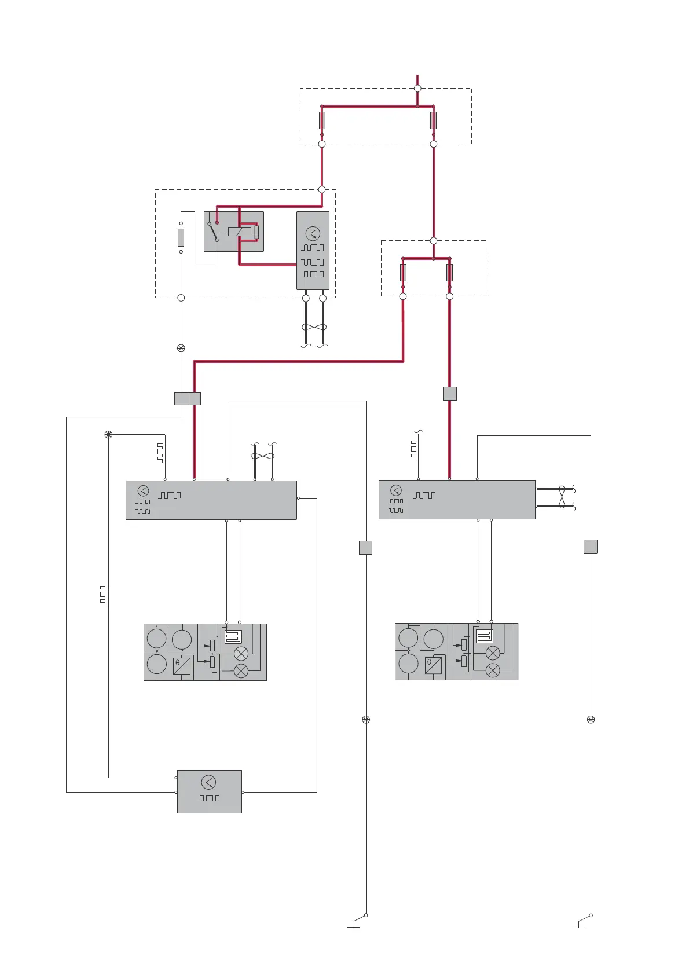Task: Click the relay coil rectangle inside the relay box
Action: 239,232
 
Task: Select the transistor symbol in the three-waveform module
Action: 313,234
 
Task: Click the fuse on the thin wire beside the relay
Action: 181,237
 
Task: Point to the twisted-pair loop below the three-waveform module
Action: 314,328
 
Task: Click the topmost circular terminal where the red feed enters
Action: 417,89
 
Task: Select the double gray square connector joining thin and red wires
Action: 188,398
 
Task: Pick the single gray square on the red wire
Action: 450,394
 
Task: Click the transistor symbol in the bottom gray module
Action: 209,782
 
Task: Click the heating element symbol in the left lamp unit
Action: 233,637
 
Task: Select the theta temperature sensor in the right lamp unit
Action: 433,665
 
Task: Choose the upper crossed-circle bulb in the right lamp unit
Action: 493,653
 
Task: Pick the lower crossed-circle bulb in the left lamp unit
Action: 241,671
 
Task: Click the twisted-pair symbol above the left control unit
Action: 263,456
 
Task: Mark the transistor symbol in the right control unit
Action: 396,490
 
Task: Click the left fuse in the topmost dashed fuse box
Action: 322,120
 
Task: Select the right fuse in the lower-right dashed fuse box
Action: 449,272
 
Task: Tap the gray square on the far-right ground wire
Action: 590,547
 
